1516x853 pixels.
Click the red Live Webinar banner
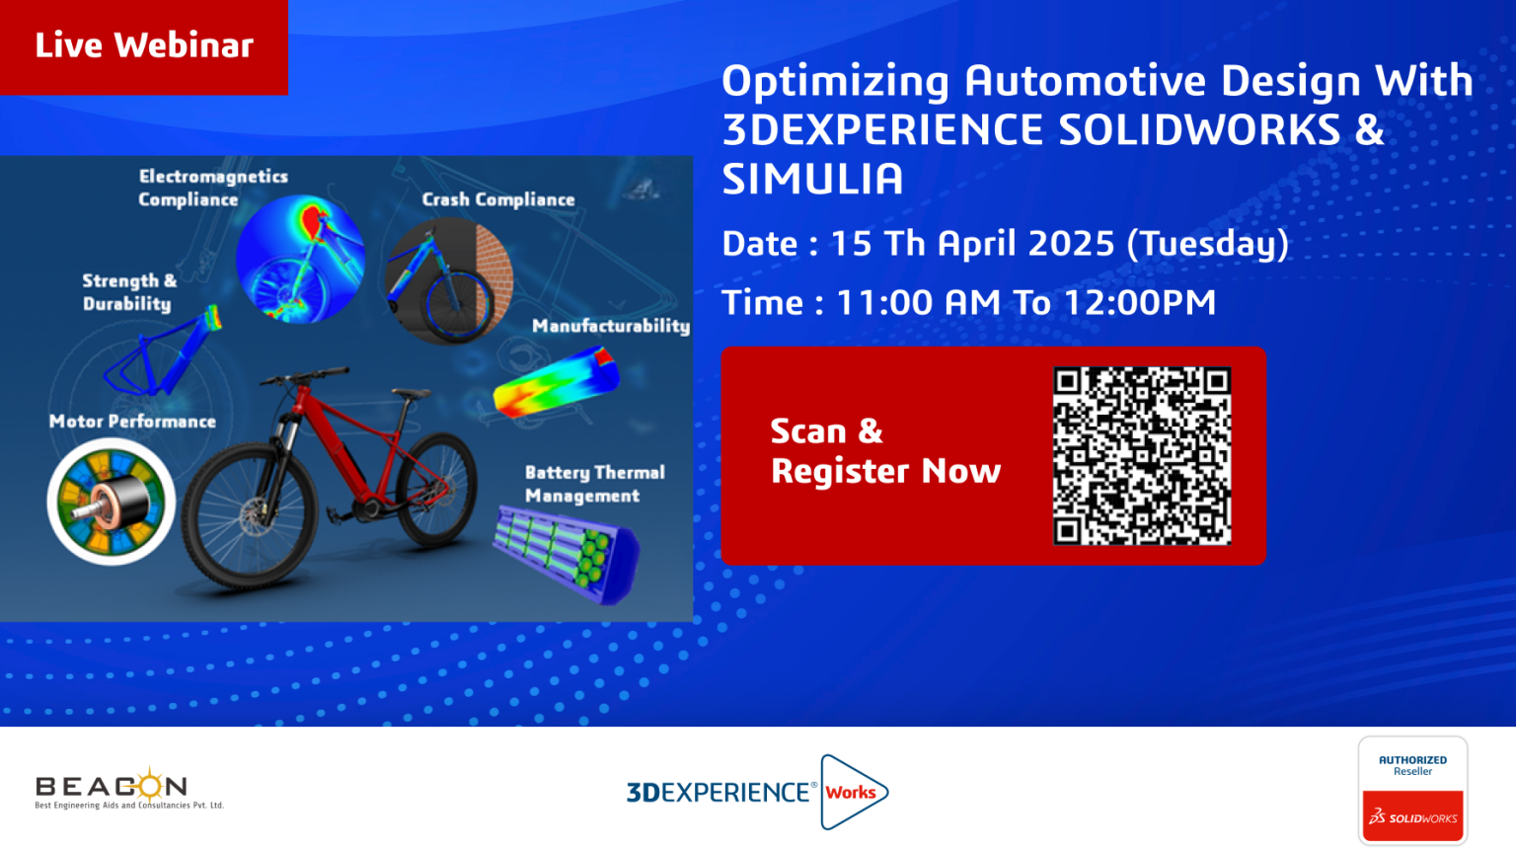(x=143, y=46)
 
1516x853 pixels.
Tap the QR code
(x=1142, y=455)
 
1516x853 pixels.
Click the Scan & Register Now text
(x=885, y=451)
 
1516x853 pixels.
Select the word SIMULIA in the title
(x=812, y=179)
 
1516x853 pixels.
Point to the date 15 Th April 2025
(x=972, y=243)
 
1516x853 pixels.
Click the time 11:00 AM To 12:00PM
(x=1026, y=302)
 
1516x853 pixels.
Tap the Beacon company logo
(x=129, y=789)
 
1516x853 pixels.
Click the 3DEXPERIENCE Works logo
(x=757, y=792)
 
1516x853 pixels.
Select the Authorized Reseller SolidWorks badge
(x=1412, y=790)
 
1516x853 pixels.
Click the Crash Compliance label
(x=498, y=199)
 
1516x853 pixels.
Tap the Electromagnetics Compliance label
(x=213, y=188)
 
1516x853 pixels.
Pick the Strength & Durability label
(x=129, y=292)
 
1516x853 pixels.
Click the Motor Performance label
(x=132, y=422)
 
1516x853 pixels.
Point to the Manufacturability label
(x=611, y=327)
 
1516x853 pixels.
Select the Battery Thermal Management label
(x=595, y=484)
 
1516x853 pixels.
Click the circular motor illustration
(x=111, y=502)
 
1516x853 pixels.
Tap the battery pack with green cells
(x=568, y=554)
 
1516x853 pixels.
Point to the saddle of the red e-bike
(x=411, y=393)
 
